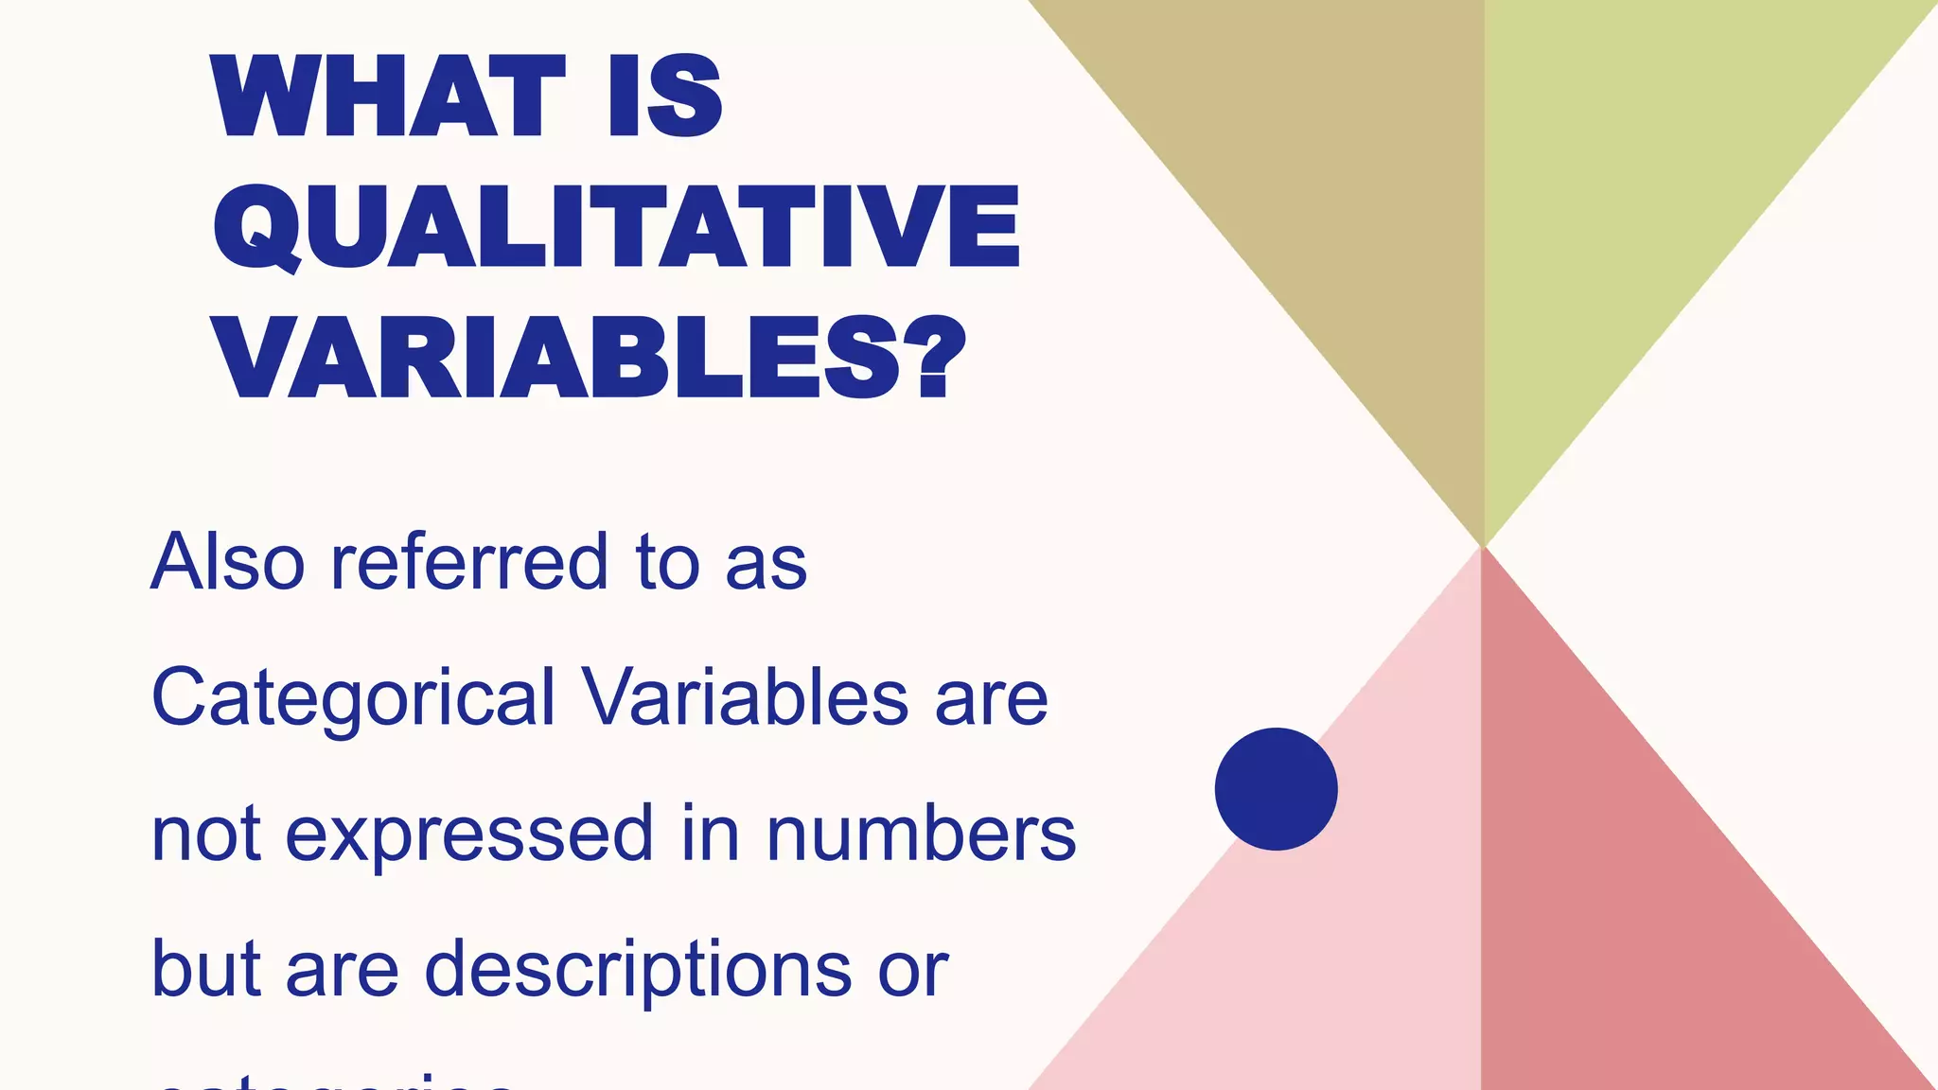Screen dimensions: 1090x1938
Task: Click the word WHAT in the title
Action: pos(389,97)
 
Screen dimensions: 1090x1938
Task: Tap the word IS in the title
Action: pos(665,97)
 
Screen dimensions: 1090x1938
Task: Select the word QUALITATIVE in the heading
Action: pos(616,227)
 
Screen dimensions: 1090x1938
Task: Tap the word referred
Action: pos(468,562)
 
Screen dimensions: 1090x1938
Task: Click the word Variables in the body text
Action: pos(746,698)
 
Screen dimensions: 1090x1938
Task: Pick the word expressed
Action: pos(469,835)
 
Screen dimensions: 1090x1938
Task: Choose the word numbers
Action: pos(921,835)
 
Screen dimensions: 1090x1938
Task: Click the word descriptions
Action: pos(639,969)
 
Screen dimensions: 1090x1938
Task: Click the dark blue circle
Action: pos(1276,789)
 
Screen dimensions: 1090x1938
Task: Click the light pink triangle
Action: pos(1325,946)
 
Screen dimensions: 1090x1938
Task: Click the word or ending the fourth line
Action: pos(912,971)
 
